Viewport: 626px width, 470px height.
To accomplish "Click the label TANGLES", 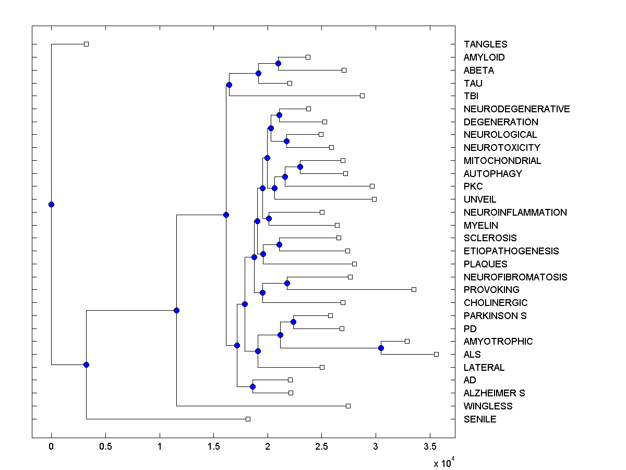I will click(485, 44).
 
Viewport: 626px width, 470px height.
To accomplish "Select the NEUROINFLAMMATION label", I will click(515, 213).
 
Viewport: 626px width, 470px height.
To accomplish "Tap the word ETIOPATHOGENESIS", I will click(511, 251).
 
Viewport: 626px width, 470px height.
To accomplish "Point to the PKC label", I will click(473, 186).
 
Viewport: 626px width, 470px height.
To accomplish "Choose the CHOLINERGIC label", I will click(496, 303).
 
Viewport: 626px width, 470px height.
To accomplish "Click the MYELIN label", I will click(480, 226).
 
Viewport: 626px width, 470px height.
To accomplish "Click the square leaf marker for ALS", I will click(436, 354).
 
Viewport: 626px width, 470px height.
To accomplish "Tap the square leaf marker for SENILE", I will click(248, 419).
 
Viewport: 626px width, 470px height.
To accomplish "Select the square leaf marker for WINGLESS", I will click(348, 406).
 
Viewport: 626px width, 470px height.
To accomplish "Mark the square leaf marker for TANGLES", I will click(87, 44).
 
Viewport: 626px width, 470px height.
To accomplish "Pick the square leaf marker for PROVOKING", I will click(414, 289).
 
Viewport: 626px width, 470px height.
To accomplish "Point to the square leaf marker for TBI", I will click(362, 96).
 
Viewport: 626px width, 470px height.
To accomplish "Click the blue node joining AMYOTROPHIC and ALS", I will click(381, 348).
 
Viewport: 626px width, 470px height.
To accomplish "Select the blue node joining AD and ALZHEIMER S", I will click(252, 386).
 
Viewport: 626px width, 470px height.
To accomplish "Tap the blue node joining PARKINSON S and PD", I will click(293, 322).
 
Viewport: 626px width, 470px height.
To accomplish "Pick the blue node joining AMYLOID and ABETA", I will click(278, 64).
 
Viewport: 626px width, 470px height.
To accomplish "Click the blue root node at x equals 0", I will click(51, 204).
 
